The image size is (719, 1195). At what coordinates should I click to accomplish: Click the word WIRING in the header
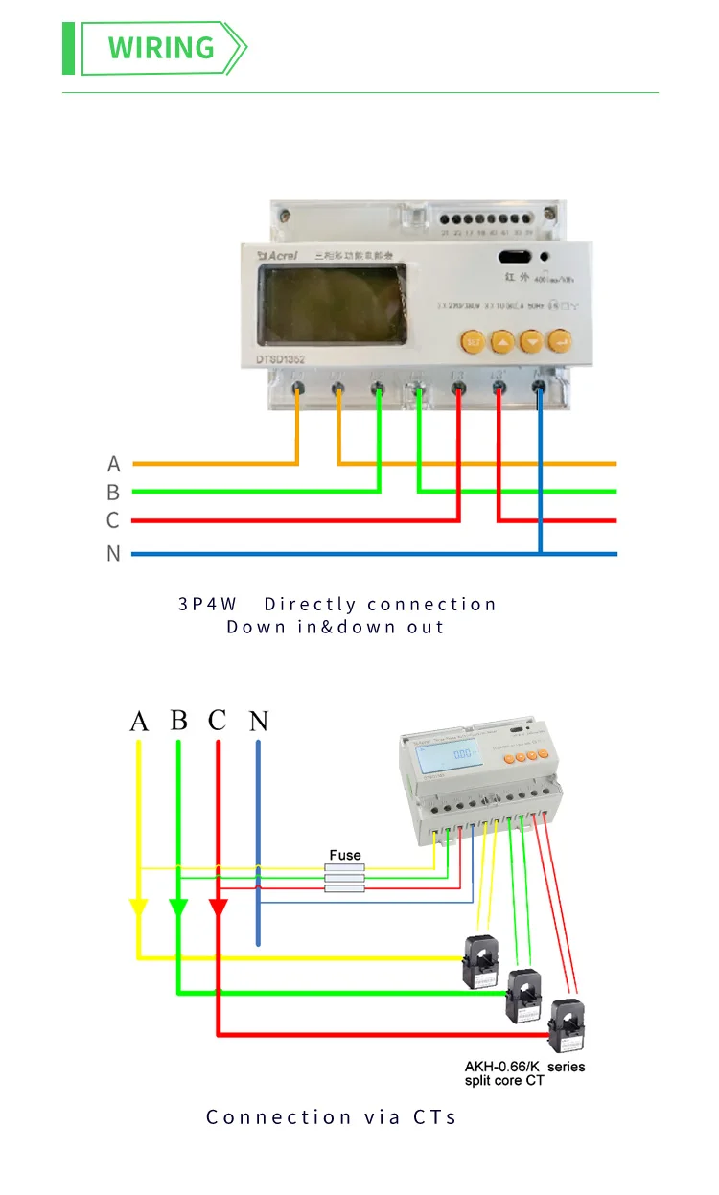click(x=161, y=47)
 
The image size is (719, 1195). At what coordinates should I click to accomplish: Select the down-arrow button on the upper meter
click(x=531, y=340)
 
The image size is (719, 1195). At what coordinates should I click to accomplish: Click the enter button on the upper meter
click(x=560, y=340)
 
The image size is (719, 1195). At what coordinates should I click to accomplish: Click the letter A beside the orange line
click(x=114, y=464)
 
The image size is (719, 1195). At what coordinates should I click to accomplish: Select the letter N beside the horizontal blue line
click(x=114, y=554)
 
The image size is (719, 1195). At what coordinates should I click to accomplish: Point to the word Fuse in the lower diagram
click(x=345, y=855)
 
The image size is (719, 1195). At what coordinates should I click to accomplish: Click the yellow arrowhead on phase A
click(x=139, y=908)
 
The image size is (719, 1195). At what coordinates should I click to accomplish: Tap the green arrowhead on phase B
click(x=178, y=908)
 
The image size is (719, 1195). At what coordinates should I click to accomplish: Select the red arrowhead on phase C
click(x=219, y=908)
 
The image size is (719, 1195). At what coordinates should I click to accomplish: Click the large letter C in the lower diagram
click(x=218, y=721)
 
